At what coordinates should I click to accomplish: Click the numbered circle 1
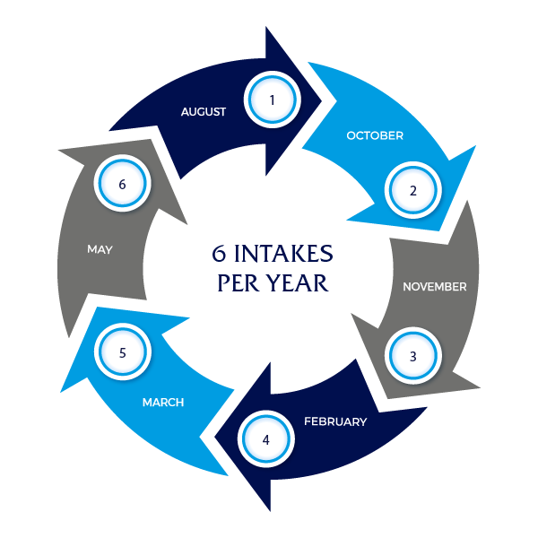(273, 100)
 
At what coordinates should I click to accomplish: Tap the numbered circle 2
(413, 190)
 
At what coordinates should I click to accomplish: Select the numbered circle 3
(413, 355)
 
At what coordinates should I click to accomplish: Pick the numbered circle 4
(265, 439)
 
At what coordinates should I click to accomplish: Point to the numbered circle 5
(123, 352)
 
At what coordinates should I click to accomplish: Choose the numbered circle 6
(123, 184)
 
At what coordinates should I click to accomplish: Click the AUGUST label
(204, 112)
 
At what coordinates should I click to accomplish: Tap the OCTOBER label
(375, 136)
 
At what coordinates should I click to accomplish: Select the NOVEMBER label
(434, 287)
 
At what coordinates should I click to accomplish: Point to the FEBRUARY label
(335, 421)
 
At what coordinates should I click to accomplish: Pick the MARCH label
(163, 403)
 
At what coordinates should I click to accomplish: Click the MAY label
(100, 249)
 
